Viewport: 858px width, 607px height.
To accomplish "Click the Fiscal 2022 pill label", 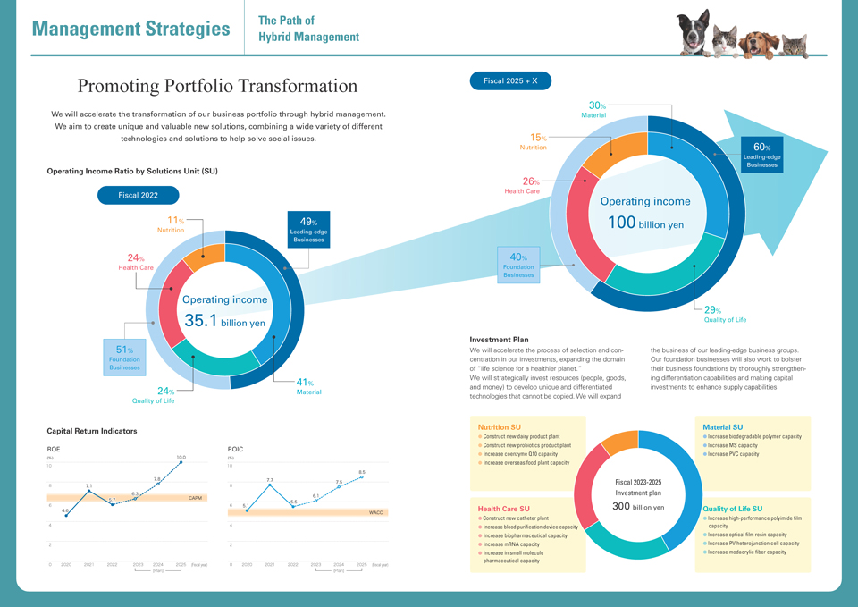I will (x=138, y=195).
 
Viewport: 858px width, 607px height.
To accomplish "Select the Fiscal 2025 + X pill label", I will (x=510, y=80).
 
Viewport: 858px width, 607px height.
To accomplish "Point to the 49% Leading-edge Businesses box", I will (x=308, y=228).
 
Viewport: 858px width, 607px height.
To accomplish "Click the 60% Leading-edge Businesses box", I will (x=761, y=154).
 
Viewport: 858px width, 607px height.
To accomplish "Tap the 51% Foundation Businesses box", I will (x=124, y=357).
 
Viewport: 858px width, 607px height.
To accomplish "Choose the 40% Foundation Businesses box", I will (x=518, y=265).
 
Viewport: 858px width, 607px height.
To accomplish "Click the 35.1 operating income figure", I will (x=200, y=320).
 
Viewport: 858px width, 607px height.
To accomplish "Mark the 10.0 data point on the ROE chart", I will (x=181, y=462).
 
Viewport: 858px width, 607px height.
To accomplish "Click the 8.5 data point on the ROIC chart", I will (x=362, y=477).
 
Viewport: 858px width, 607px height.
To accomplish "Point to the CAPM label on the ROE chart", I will (x=195, y=497).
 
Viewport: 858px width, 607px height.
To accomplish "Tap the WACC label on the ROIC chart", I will (x=375, y=512).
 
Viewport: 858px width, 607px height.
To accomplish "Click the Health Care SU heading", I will (x=504, y=509).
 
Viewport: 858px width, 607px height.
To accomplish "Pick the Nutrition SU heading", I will (x=499, y=427).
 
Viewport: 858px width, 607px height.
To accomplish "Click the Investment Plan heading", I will (x=499, y=340).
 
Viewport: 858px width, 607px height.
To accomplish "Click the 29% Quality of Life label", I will (x=722, y=314).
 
